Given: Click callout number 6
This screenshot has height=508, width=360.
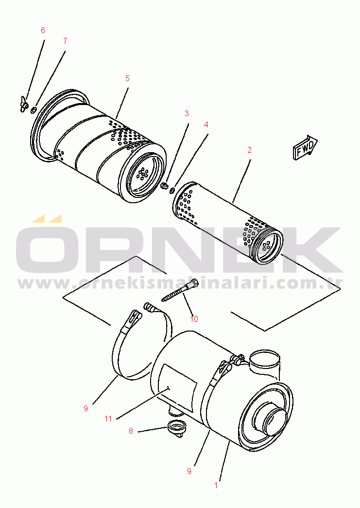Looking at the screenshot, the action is coord(43,30).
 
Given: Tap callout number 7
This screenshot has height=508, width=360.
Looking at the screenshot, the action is coord(65,41).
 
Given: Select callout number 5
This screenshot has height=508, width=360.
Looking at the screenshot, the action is coord(127,78).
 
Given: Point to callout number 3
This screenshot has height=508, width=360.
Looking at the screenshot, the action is coord(187,113).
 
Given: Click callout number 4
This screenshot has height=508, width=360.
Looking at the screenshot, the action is coord(206,125).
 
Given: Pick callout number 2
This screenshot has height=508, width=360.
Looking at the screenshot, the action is coord(249,150).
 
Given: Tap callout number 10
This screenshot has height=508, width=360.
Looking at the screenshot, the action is coord(194,319).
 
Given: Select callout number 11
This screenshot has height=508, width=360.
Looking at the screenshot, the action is coord(108,419).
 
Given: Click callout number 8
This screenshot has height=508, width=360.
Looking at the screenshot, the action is coord(131,431).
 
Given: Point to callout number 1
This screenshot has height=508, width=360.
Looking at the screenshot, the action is coord(216,485).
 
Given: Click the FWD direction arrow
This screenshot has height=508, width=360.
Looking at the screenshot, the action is coord(305,147).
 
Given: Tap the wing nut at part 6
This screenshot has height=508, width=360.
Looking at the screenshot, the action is coord(23,105).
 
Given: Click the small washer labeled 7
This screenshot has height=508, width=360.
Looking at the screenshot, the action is coord(33,111).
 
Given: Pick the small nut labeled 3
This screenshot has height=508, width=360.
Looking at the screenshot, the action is coord(164,186).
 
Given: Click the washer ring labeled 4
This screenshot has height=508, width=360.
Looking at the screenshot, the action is coord(172,189).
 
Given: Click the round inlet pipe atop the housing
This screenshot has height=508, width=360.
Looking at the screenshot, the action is coord(265,362).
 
